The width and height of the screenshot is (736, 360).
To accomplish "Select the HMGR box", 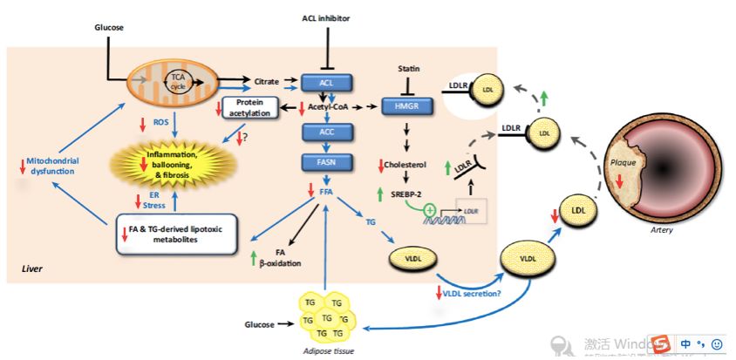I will point(407,105).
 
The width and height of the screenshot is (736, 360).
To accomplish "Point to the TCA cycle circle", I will point(180,80).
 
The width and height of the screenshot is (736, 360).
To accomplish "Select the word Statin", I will point(409,67).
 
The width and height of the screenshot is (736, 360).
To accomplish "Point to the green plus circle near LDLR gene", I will point(430,210).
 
